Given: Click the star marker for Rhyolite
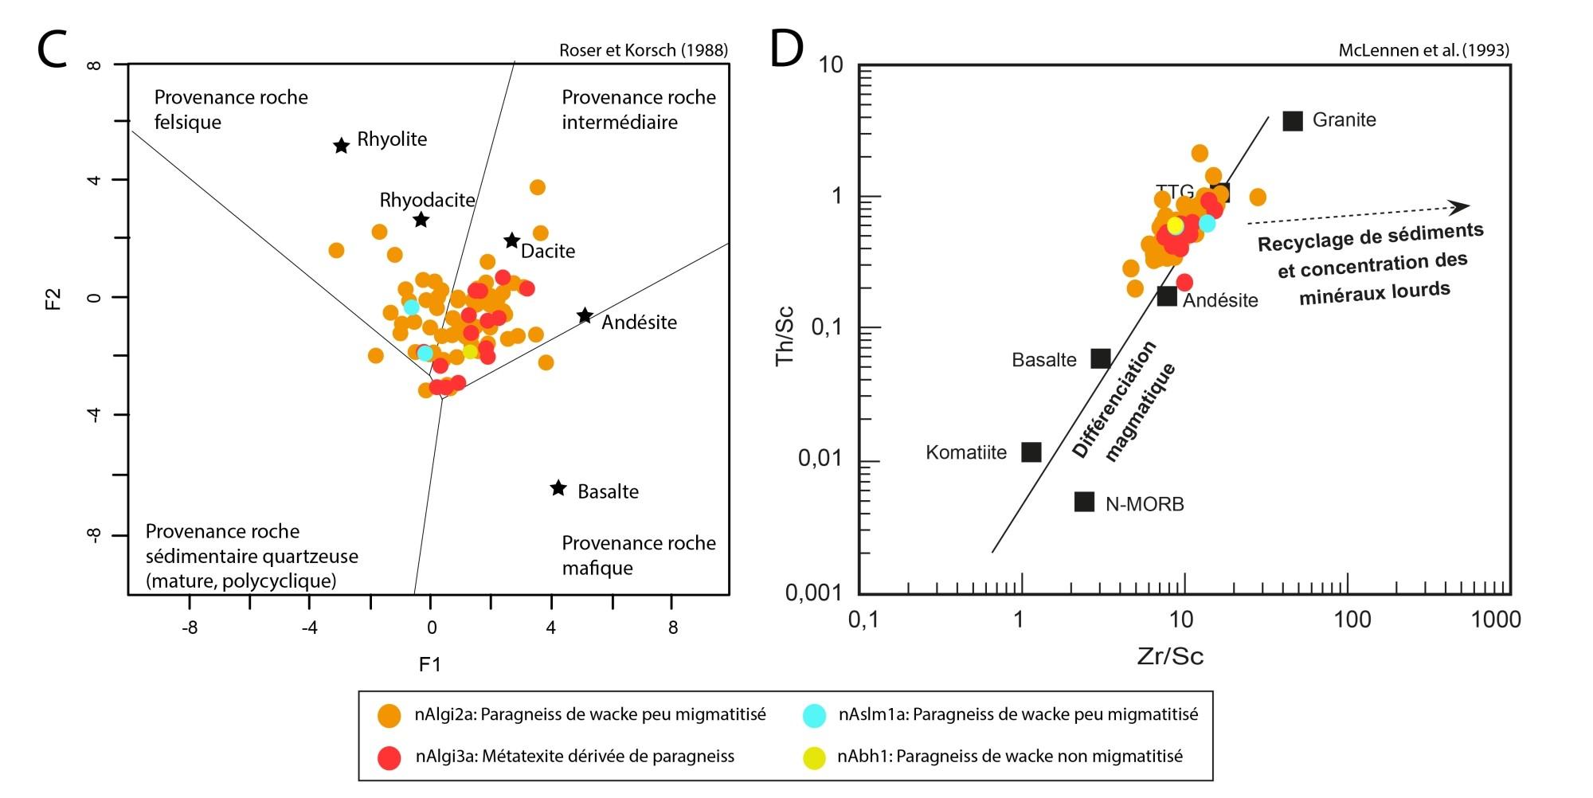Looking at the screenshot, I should [x=341, y=146].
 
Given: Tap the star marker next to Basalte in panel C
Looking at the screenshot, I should [x=558, y=488].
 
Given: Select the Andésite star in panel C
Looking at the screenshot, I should [x=585, y=316].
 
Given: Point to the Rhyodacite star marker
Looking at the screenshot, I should [x=421, y=220].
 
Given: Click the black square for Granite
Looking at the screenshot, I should [x=1293, y=121].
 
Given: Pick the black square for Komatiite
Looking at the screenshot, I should [x=1031, y=452].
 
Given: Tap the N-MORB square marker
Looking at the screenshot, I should [x=1084, y=502].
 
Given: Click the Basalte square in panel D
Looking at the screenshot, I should [x=1101, y=358].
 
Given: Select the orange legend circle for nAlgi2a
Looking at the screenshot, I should [x=389, y=715].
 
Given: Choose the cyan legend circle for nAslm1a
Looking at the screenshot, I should [x=814, y=715].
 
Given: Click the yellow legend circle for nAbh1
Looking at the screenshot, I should [x=814, y=757].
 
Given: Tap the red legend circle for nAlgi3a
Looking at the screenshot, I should [x=389, y=757].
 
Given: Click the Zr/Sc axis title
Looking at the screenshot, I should [x=1170, y=656].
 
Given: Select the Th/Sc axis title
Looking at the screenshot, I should [x=785, y=335].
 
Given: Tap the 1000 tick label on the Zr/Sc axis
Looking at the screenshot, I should [x=1495, y=620].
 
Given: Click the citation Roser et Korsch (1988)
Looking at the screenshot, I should [x=644, y=50].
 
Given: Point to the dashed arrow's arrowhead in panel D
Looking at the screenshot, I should [x=1462, y=207].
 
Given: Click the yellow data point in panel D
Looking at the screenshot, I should [x=1175, y=225].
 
